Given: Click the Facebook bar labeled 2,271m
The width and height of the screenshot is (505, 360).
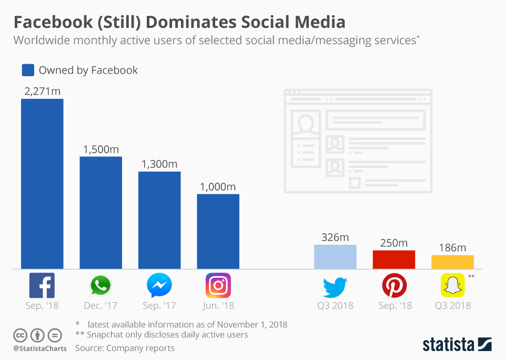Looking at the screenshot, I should (x=42, y=184).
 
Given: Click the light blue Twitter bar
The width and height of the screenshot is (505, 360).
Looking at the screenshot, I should (x=335, y=257).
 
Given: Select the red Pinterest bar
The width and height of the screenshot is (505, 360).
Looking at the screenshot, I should (x=394, y=259).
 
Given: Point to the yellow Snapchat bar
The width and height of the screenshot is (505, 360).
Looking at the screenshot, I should (x=452, y=262).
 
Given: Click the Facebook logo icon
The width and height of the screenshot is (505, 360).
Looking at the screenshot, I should (x=42, y=286).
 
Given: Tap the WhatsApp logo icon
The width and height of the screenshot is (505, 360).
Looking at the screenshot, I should (x=100, y=286).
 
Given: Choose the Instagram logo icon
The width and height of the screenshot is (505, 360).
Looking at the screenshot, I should (x=218, y=286).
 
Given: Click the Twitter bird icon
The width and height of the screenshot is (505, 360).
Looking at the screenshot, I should (x=335, y=287).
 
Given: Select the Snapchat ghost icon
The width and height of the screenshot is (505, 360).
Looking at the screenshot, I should (x=452, y=286).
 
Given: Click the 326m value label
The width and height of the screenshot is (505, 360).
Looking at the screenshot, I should (x=335, y=237).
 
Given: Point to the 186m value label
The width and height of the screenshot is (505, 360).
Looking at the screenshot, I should (x=452, y=248).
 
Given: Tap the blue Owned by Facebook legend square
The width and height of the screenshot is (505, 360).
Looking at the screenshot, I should (x=28, y=70).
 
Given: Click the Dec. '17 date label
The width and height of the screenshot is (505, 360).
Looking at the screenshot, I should (x=100, y=305).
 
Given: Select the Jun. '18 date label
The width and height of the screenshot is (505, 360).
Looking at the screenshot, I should (x=218, y=305).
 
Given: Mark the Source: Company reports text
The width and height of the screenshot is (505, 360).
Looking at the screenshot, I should (x=125, y=348).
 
